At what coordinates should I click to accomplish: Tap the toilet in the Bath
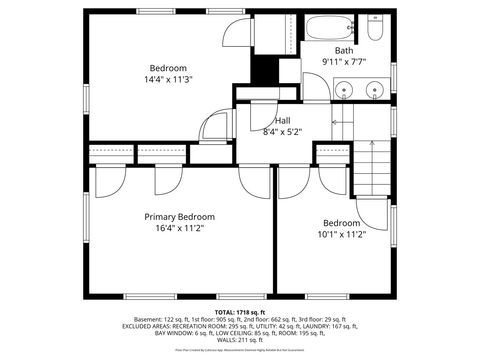coord(374,29)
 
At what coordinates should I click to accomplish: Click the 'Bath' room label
coord(343,50)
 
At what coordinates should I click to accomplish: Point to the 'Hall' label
coord(283,120)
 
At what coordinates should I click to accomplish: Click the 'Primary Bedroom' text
coord(179,216)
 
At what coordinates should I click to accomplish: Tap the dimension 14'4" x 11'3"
coord(168,80)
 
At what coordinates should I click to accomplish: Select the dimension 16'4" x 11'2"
coord(179,228)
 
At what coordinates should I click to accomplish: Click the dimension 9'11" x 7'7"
coord(343,61)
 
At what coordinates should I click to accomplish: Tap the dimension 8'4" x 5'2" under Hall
coord(283,131)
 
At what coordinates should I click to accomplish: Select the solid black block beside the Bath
coord(263,70)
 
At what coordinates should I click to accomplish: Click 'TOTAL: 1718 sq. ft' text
coord(239,312)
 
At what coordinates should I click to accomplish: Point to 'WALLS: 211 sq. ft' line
coord(239,340)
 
